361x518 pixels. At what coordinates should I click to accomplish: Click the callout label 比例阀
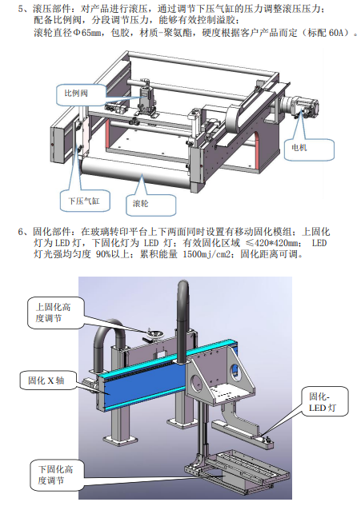pos(76,94)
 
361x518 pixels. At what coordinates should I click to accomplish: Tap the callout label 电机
pos(299,147)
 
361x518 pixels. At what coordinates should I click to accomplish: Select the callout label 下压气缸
pos(84,201)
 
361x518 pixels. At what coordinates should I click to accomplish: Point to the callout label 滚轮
pos(141,203)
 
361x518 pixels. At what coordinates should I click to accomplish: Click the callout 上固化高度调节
pos(53,313)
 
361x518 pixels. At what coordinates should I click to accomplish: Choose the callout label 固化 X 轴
pos(46,381)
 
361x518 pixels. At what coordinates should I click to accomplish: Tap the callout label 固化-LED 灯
pos(323,402)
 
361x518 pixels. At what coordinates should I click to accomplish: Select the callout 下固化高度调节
pos(55,475)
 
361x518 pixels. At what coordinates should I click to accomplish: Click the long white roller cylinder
pos(135,171)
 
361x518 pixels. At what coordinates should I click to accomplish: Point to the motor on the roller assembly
pos(299,106)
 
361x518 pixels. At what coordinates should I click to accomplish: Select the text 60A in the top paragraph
pos(338,33)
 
